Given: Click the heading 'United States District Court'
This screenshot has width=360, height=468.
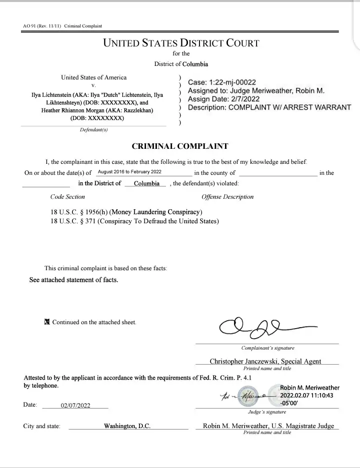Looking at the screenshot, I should point(181,43).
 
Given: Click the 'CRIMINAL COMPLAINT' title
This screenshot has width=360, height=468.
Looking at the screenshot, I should point(180,146).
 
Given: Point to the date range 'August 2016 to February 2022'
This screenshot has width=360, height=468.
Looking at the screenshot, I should point(129,172).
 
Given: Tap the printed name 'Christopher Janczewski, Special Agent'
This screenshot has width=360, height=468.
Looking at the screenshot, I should point(265,361).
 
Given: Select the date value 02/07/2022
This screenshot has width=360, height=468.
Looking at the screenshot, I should point(75,406).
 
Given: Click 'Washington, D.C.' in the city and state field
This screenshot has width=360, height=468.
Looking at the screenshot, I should point(127,426).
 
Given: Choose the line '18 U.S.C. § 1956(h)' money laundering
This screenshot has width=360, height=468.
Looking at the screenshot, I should point(126,212).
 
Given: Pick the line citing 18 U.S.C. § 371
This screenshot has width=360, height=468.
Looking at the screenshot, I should point(134,221).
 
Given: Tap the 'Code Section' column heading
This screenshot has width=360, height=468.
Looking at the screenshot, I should point(68,197).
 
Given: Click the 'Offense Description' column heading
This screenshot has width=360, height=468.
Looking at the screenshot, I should point(227,197).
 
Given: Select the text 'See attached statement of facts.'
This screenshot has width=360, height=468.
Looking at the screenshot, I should point(74,280).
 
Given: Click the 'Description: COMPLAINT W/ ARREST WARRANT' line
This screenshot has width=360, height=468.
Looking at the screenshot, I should point(269,107).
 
